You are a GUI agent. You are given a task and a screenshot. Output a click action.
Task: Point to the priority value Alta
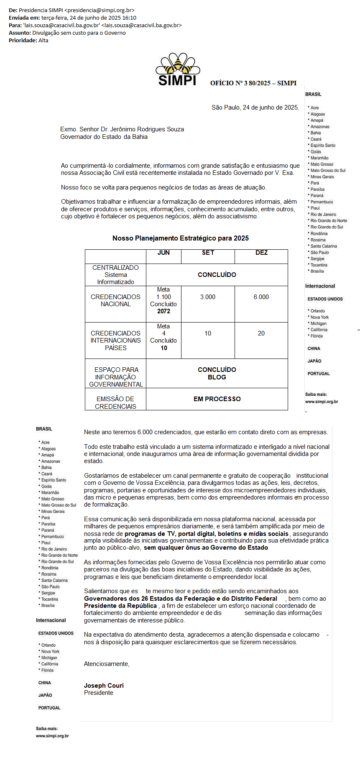[43, 40]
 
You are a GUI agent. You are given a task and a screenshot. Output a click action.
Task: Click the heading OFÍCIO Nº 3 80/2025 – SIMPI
[253, 83]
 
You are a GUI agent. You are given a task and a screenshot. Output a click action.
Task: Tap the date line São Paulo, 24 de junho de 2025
[255, 108]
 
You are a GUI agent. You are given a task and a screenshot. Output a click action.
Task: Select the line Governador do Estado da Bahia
[104, 137]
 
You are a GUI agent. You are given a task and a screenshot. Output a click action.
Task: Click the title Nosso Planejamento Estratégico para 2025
[180, 238]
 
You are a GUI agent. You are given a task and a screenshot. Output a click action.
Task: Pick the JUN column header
[163, 253]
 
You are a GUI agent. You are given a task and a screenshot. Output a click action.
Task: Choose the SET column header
[208, 253]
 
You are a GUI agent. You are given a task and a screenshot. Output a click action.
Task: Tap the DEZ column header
[261, 253]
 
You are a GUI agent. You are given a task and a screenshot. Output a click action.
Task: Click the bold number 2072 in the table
[163, 311]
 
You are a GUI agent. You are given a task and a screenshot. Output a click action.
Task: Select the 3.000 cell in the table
[208, 297]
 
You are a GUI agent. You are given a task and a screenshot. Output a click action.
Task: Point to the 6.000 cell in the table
[261, 297]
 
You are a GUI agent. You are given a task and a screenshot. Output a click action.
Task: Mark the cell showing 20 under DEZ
[261, 333]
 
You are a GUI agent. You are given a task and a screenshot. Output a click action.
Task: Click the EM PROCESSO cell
[217, 399]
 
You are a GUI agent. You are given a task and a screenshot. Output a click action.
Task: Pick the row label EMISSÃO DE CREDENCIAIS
[115, 402]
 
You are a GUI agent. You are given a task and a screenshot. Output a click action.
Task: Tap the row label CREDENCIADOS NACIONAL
[115, 300]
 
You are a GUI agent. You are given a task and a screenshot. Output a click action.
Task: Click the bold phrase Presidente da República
[120, 606]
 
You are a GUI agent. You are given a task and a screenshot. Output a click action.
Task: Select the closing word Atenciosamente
[107, 664]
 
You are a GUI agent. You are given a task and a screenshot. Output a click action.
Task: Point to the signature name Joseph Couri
[104, 686]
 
